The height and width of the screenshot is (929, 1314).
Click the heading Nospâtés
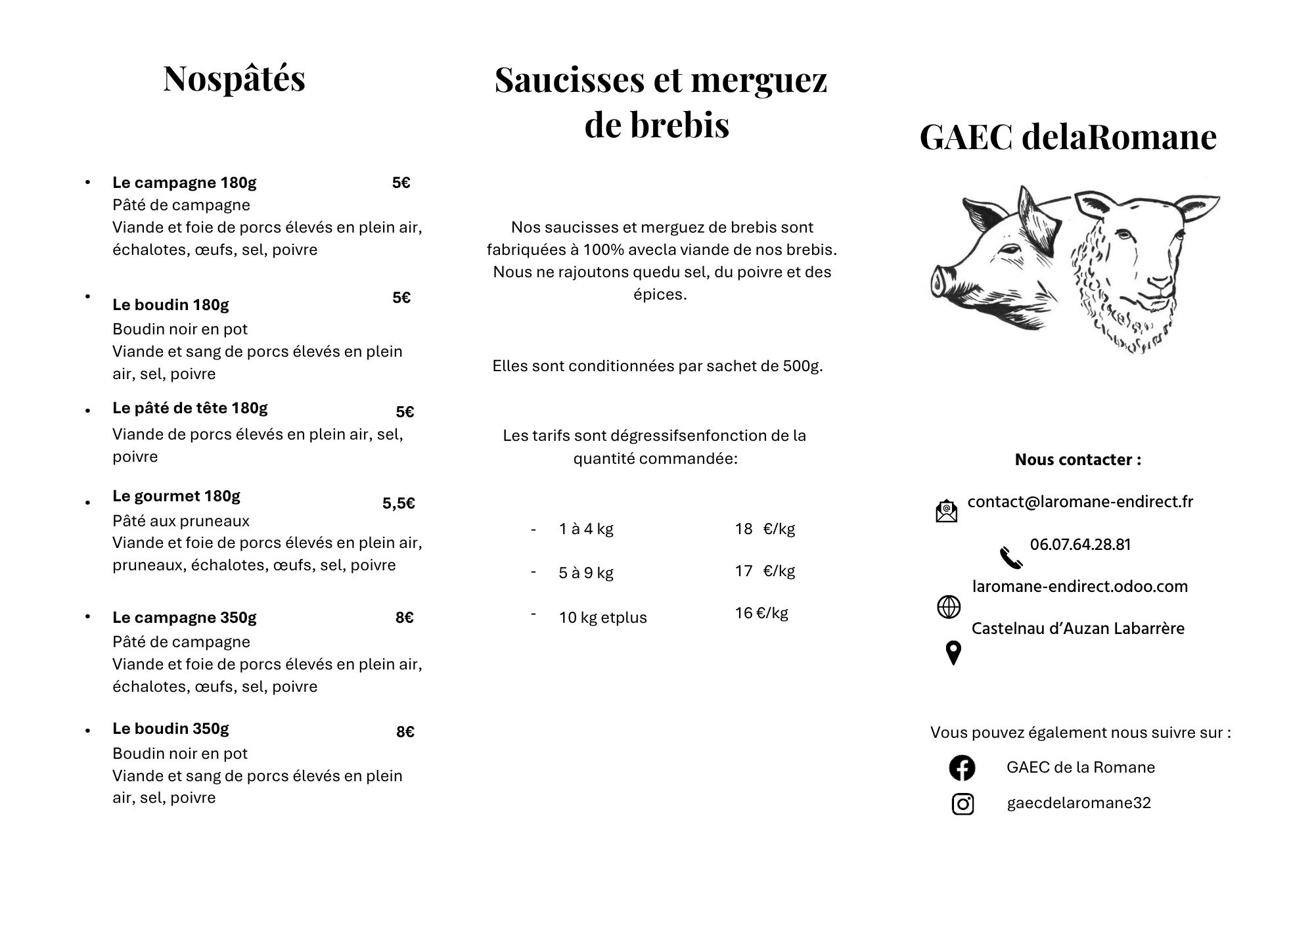pos(234,79)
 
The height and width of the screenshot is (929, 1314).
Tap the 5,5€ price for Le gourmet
pos(398,504)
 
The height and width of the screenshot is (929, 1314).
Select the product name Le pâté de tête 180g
pos(190,408)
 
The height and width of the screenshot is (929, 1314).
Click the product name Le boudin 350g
pos(170,729)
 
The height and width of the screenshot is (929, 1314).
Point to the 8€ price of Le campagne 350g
pos(404,618)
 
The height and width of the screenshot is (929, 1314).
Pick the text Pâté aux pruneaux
pos(181,521)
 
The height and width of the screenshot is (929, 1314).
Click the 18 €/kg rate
pos(764,529)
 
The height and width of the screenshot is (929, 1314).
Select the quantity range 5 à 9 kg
pos(585,573)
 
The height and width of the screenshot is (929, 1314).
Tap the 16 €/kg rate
pos(761,613)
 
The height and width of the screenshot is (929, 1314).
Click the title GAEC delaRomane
pos(1068,137)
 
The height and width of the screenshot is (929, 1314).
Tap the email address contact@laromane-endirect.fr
pos(1080,502)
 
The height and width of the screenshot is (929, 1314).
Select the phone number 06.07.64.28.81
pos(1080,545)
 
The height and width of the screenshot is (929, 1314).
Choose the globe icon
pos(948,607)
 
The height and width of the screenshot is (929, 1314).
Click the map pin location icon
pos(953,653)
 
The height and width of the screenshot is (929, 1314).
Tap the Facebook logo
pos(962,768)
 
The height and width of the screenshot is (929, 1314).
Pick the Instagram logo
pos(963,804)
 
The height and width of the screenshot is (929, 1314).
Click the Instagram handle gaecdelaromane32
pos(1079,804)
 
